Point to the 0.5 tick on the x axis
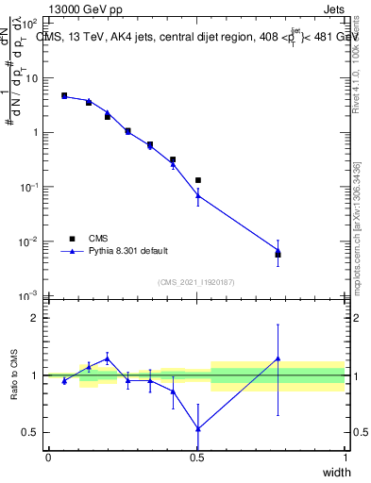(197, 458)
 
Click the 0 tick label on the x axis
(48, 458)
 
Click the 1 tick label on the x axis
(345, 458)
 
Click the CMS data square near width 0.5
(198, 180)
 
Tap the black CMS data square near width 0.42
(173, 159)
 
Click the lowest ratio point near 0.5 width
(198, 428)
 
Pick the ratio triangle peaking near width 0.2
(108, 358)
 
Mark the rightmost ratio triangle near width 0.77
(278, 358)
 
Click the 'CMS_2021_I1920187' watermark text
(196, 282)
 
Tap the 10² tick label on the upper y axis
(30, 23)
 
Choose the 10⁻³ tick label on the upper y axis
(30, 296)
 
